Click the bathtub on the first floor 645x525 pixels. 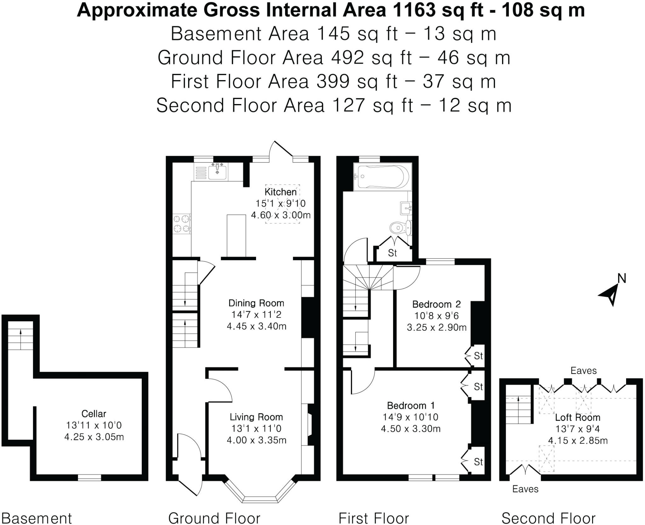382,177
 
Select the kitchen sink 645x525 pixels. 217,172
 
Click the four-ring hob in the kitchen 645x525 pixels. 182,224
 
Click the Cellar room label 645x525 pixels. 94,413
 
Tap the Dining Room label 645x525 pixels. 256,303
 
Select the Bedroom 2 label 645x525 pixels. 436,304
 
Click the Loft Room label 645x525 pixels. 578,417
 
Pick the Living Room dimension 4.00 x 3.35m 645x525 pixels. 256,440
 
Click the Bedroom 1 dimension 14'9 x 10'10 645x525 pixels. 410,417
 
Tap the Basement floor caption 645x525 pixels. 37,518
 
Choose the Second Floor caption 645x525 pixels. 548,518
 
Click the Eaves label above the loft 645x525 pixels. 584,370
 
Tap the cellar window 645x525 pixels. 89,477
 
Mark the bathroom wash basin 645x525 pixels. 406,208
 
